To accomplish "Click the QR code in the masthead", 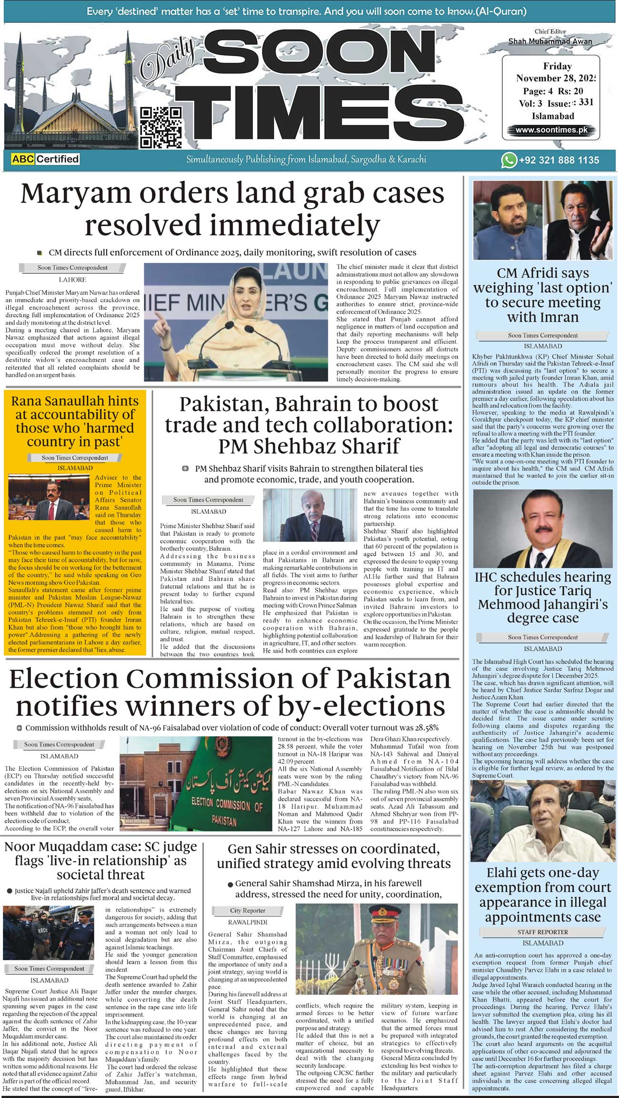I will [x=161, y=127].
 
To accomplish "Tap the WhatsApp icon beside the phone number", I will [x=509, y=160].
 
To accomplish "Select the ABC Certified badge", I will [x=45, y=159].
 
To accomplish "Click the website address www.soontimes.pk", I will [x=551, y=130].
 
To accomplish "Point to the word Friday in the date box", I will [x=557, y=66].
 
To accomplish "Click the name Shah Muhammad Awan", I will [x=550, y=41].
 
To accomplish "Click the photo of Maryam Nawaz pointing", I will [x=236, y=322].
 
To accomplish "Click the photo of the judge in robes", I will [x=543, y=529].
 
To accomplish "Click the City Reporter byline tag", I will [x=248, y=910].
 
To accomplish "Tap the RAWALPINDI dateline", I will [x=248, y=922].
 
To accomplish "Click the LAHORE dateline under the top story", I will [x=72, y=280].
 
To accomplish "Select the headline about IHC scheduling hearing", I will [x=543, y=597].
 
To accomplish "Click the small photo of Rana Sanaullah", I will [x=50, y=498].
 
